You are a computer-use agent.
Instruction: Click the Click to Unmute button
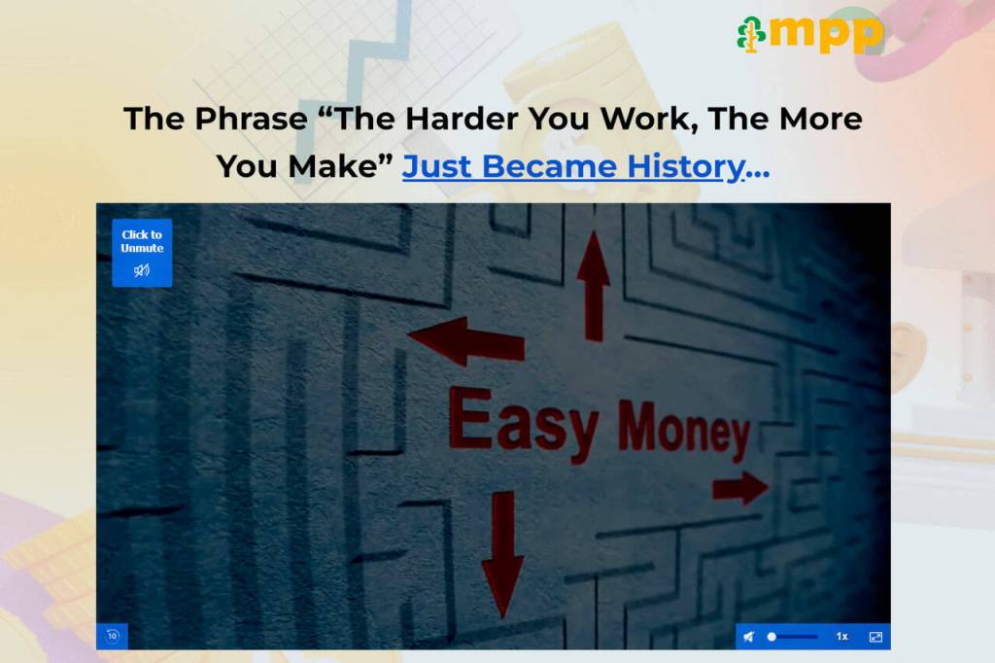pos(142,253)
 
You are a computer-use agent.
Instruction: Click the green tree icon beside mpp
pos(751,34)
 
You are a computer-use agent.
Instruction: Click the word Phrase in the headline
pos(252,119)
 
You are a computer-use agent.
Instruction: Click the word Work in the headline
pos(648,120)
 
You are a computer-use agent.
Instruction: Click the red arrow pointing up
pos(594,286)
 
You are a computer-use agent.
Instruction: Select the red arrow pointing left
pos(466,341)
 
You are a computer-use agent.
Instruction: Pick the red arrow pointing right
pos(740,488)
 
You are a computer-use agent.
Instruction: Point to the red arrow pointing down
pos(503,553)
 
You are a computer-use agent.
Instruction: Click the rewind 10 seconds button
pos(113,637)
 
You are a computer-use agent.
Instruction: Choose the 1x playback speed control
pos(842,637)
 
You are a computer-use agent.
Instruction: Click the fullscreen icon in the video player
pos(875,637)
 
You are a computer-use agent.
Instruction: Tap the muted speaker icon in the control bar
pos(749,637)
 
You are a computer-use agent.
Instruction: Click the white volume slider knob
pos(772,637)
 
